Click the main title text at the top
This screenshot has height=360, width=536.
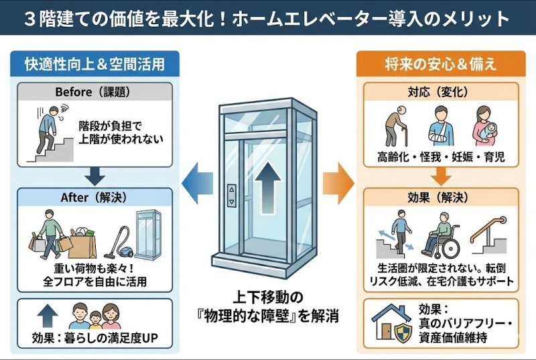click(x=268, y=17)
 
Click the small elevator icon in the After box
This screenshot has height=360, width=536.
click(x=148, y=234)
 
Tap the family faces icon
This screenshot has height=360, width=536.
click(x=94, y=315)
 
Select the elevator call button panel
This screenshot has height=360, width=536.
click(x=232, y=194)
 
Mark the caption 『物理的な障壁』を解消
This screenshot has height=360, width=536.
click(x=268, y=315)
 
